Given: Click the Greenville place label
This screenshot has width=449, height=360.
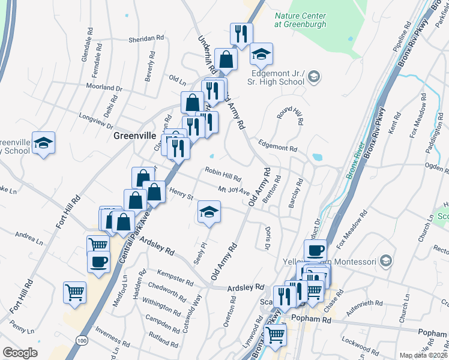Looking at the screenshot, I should point(135,136).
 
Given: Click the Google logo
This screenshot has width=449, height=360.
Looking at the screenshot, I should point(20,353).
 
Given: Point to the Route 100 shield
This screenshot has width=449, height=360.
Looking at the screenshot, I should point(80,340).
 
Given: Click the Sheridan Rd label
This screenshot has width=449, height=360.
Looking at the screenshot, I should point(146,38).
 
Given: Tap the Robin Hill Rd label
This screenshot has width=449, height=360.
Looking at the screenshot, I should point(223,174).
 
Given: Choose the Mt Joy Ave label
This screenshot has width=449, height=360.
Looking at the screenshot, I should point(233,190).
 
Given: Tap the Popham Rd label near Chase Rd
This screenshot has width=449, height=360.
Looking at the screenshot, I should point(310,320).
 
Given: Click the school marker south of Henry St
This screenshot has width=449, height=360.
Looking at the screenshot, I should point(209,212).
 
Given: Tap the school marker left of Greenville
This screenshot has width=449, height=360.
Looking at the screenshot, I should point(43,143).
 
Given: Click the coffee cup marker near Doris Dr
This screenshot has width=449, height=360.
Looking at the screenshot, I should point(315,250).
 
